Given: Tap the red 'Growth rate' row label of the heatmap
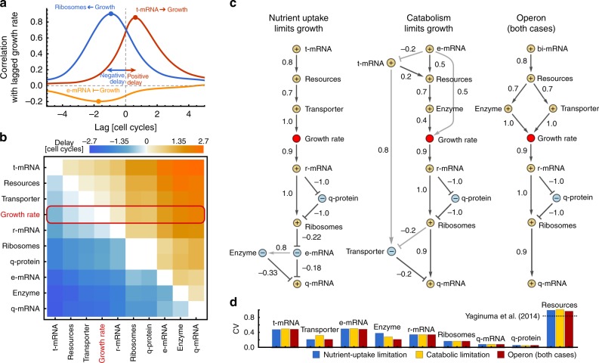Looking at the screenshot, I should [24, 214].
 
